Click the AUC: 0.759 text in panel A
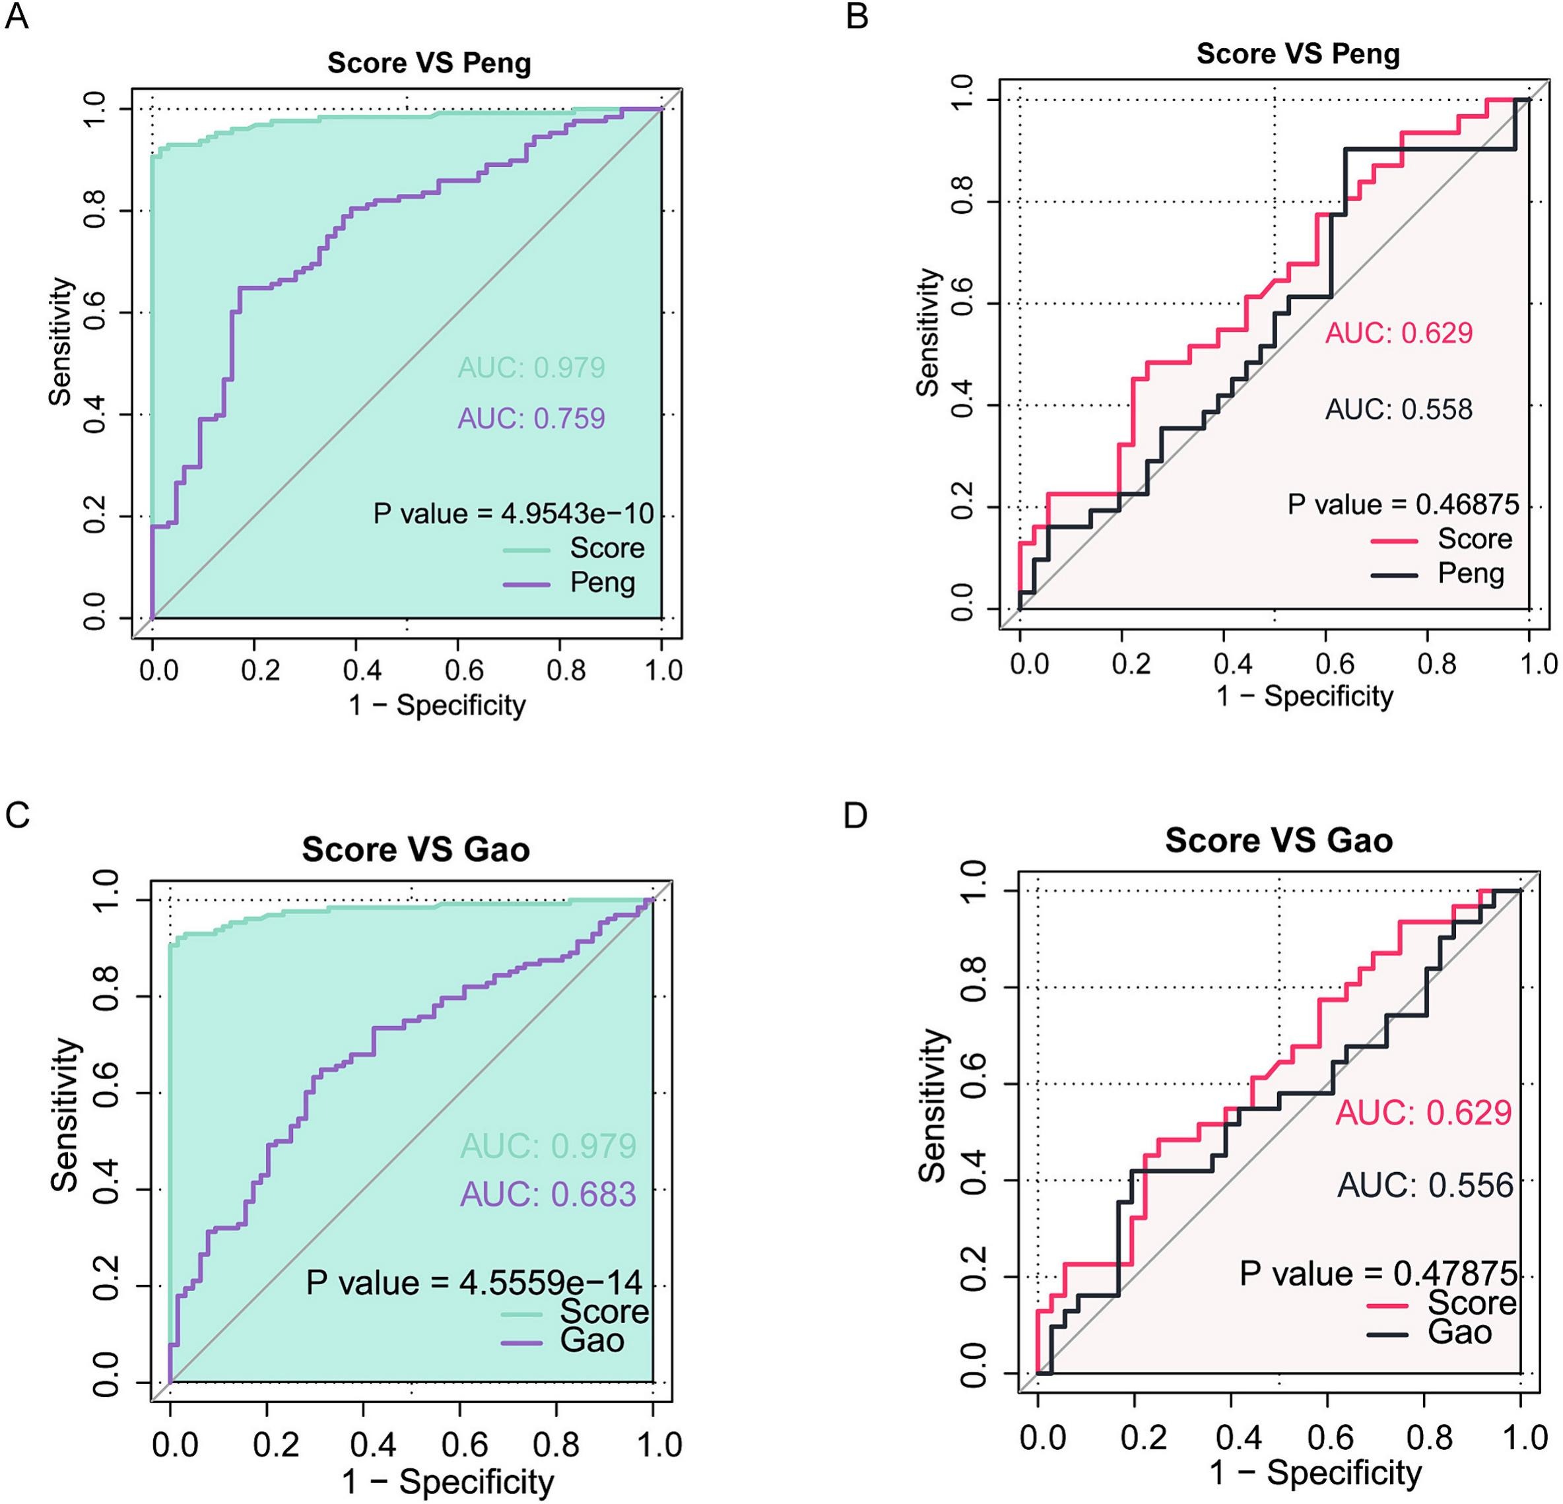tap(531, 418)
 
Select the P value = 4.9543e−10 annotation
tap(514, 513)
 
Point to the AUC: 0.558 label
tap(1399, 409)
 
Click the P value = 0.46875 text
tap(1403, 504)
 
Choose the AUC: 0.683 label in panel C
tap(549, 1194)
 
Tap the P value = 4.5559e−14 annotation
tap(475, 1282)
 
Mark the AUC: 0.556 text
tap(1425, 1186)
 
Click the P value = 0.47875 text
tap(1378, 1274)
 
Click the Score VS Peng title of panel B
tap(1298, 53)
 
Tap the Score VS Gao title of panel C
tap(415, 849)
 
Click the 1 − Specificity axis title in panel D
tap(1315, 1472)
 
